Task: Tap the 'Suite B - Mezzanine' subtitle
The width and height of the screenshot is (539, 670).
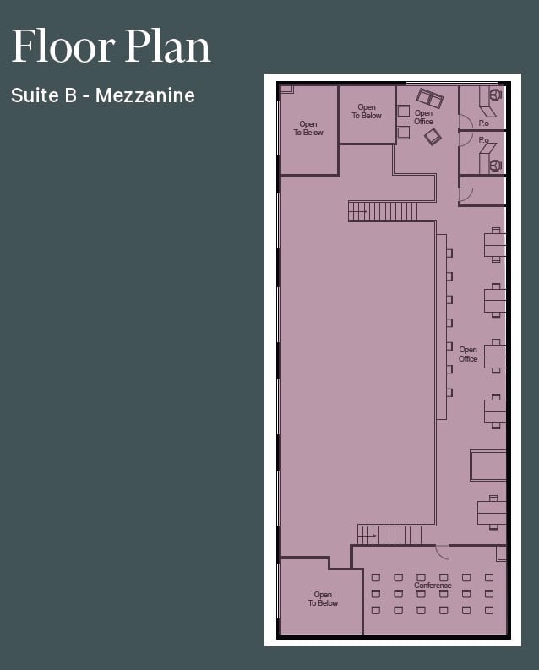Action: click(x=103, y=95)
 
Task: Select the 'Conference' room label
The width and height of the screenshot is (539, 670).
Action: click(x=433, y=586)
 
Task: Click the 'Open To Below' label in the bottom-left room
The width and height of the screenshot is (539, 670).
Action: click(x=323, y=599)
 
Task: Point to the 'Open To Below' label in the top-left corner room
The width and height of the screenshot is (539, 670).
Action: click(x=308, y=128)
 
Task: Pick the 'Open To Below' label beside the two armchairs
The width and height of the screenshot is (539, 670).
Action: click(x=367, y=112)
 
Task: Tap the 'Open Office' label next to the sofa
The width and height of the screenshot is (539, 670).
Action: click(x=423, y=117)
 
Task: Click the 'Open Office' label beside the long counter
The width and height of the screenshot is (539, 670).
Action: click(x=468, y=355)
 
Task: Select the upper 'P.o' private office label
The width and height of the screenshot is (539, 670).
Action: click(x=483, y=123)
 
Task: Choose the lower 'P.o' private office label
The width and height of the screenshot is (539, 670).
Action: click(x=483, y=140)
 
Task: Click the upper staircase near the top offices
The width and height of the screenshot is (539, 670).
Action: click(x=383, y=211)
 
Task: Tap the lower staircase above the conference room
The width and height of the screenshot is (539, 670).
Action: click(x=389, y=535)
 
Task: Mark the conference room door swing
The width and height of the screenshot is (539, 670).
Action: click(x=443, y=551)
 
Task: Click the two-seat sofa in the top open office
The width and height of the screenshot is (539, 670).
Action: click(x=429, y=98)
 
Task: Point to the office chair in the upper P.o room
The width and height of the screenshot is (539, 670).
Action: click(x=495, y=95)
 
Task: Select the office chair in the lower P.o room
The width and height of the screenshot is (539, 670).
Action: click(x=496, y=165)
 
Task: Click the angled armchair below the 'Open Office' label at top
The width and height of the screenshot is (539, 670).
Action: click(x=433, y=136)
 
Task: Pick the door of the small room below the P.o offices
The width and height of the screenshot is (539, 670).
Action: click(x=465, y=194)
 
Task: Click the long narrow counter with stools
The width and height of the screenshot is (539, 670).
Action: click(x=441, y=326)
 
